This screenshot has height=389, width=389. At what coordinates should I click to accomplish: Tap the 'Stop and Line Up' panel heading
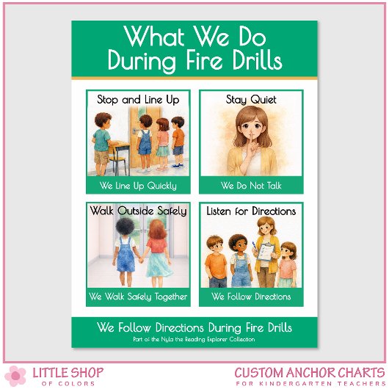[138, 99]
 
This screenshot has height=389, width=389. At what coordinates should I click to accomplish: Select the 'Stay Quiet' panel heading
[251, 99]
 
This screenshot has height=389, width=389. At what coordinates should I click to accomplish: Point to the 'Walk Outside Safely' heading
[138, 211]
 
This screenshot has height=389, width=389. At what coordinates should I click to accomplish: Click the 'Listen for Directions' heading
[251, 211]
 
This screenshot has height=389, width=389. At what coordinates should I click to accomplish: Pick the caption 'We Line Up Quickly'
[138, 186]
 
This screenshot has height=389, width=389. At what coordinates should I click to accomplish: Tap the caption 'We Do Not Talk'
[251, 186]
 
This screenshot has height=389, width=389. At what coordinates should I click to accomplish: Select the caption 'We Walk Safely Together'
[138, 297]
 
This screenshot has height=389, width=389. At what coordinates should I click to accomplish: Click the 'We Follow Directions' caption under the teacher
[251, 297]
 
